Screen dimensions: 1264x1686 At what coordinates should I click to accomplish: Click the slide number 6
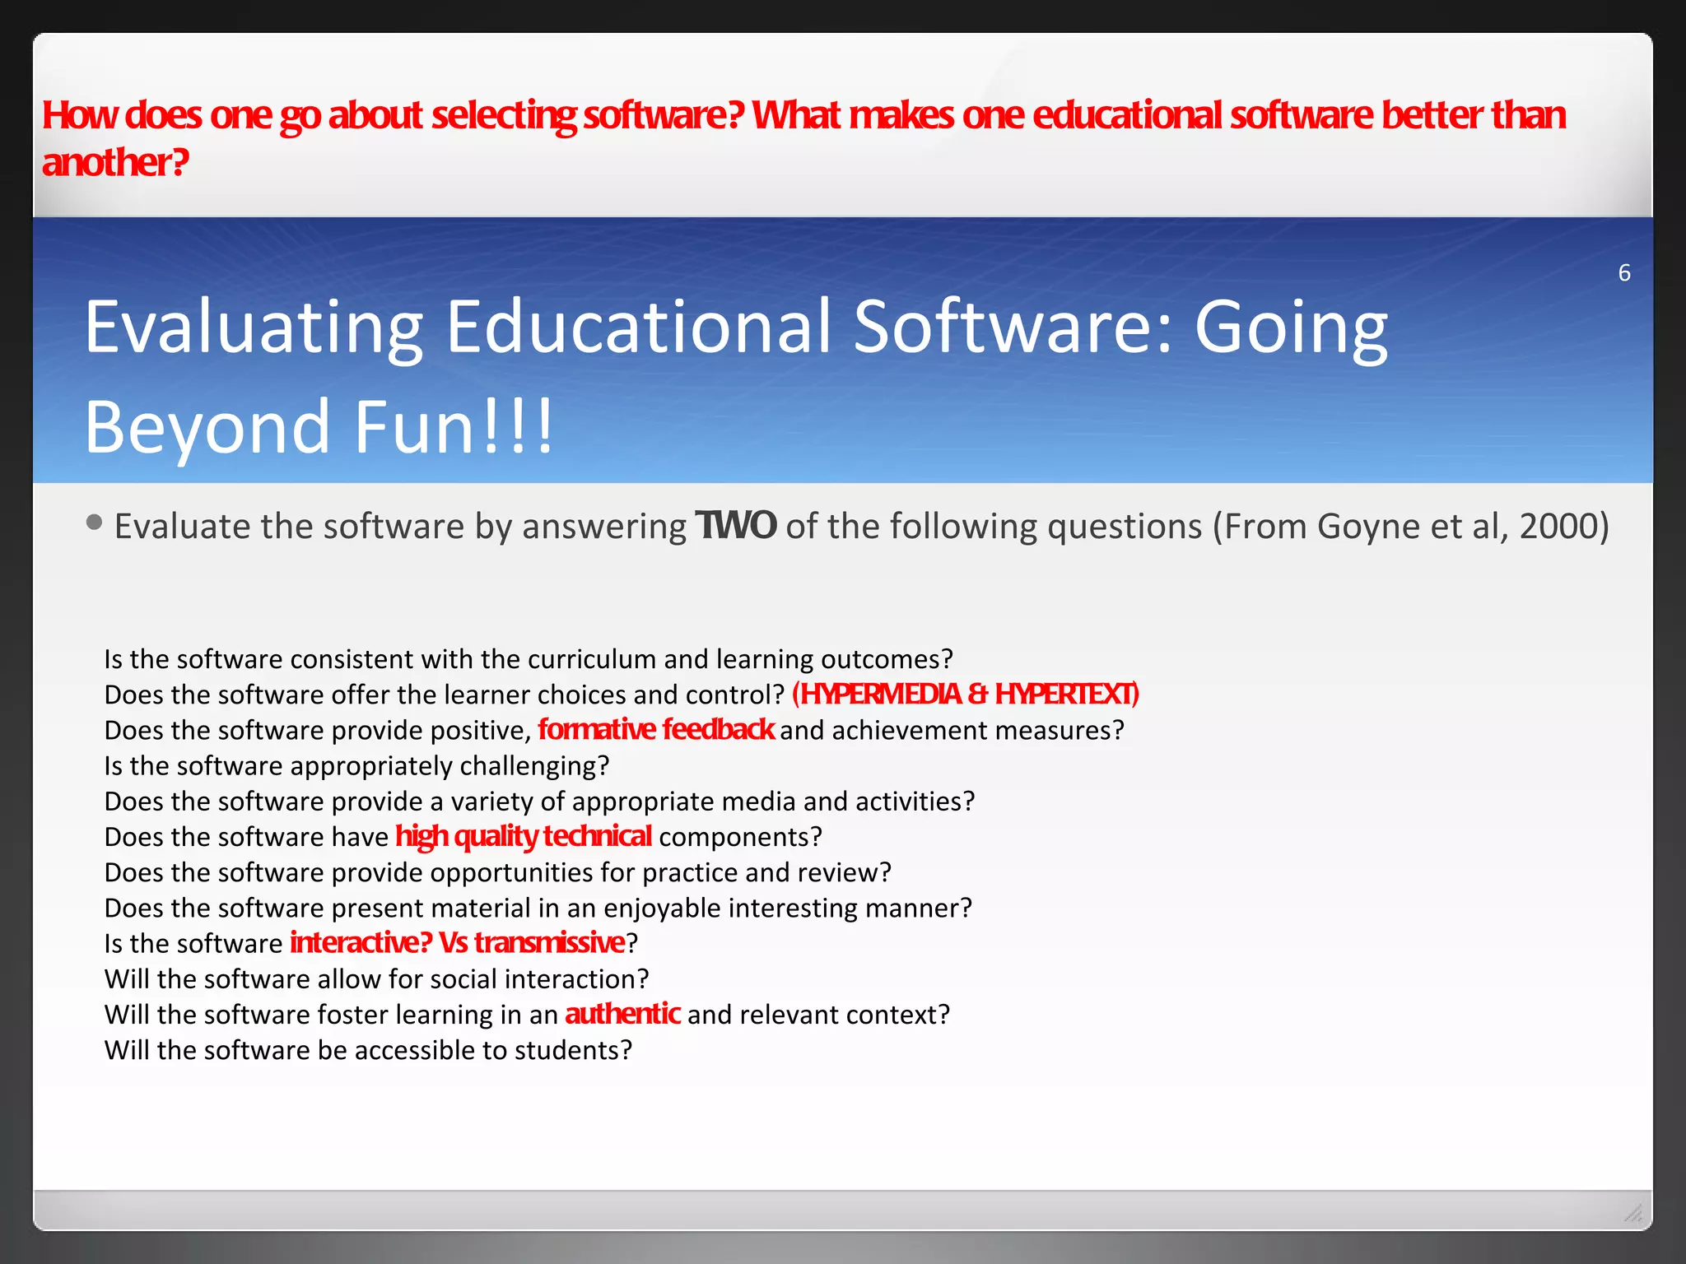coord(1623,272)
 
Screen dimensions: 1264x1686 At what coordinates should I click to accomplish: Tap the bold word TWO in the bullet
coord(735,526)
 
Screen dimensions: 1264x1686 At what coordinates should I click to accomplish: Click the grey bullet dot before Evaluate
coord(94,523)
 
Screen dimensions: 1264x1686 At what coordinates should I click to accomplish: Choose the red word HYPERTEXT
coord(1065,695)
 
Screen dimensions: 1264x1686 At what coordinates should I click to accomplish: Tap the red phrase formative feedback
coord(655,729)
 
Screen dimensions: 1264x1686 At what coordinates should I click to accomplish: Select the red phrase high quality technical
coord(524,836)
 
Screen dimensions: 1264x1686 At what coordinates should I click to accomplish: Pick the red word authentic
coord(622,1013)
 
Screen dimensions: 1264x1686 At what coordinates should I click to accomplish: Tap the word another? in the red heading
coord(115,162)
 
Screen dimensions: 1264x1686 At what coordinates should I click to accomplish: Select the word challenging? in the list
coord(534,766)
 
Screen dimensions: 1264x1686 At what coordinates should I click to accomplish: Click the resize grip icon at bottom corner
coord(1632,1213)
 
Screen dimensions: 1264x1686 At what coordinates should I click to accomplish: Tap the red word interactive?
coord(361,942)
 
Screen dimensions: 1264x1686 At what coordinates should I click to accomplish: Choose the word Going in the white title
coord(1290,328)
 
